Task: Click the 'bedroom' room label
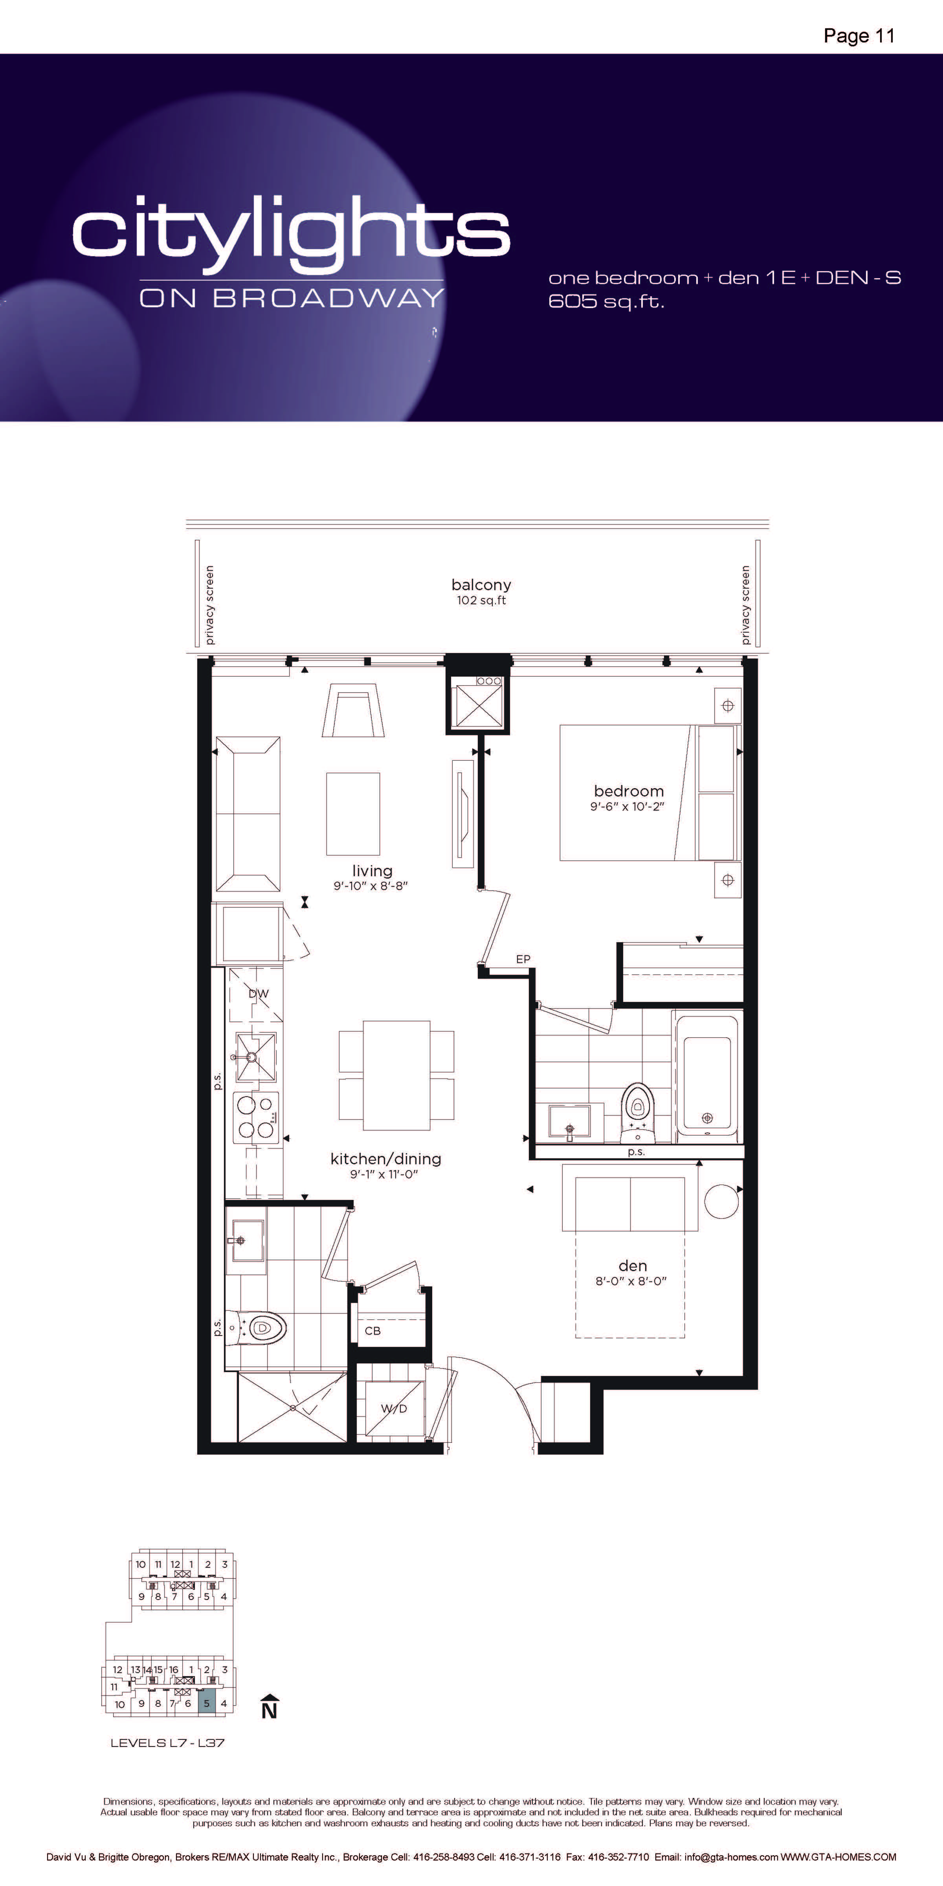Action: (629, 791)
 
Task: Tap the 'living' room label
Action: (372, 871)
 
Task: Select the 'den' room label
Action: (633, 1266)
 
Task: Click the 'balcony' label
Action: (481, 585)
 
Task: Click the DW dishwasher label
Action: (259, 994)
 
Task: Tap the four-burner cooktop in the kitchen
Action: (255, 1117)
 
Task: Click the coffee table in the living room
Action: (353, 813)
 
